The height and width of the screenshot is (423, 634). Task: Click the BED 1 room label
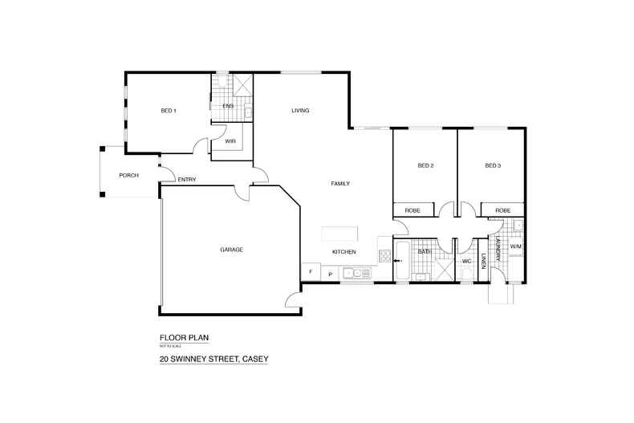pos(169,111)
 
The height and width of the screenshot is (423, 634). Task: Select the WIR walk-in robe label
pos(230,140)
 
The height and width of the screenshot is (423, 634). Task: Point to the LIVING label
pos(300,111)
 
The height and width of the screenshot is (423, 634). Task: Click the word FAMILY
pos(341,184)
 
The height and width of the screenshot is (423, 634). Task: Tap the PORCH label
pos(128,175)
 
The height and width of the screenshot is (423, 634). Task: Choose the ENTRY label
pos(187,179)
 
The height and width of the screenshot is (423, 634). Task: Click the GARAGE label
pos(231,250)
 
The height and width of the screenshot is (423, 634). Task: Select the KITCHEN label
pos(344,252)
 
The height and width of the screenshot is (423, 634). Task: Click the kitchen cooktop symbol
pos(384,258)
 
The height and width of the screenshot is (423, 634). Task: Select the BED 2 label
pos(425,166)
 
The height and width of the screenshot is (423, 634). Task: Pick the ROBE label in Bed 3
pos(502,210)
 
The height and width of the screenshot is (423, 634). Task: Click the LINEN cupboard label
pos(484,261)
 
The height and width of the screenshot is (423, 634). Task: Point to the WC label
pos(465,261)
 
